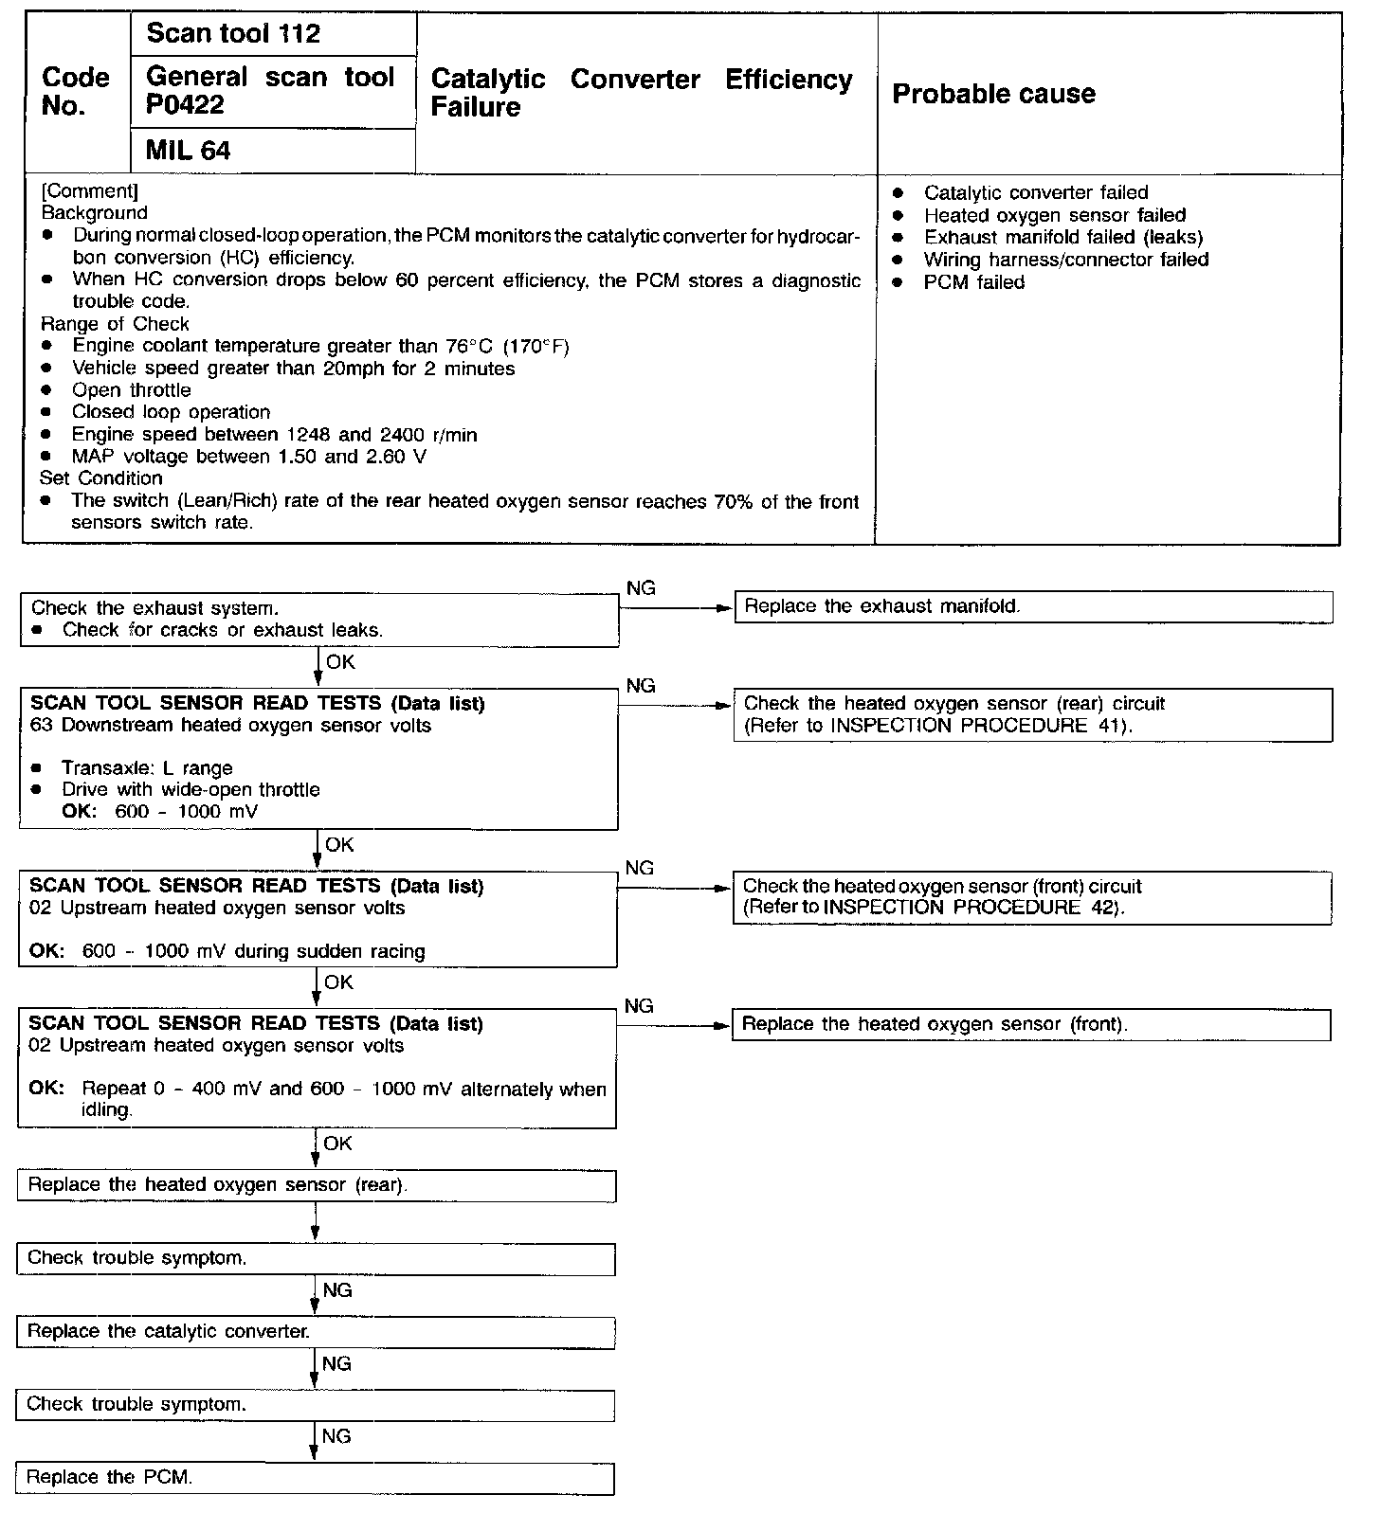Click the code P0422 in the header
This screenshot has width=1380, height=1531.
[186, 105]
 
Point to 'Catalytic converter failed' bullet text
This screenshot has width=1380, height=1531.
[1036, 192]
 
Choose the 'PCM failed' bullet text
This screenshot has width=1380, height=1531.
[974, 282]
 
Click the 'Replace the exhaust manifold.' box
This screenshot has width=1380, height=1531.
[1033, 606]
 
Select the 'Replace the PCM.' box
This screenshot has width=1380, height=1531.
[315, 1478]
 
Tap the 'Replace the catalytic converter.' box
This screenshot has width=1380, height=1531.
[315, 1332]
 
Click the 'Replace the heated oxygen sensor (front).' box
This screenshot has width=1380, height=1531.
[1031, 1025]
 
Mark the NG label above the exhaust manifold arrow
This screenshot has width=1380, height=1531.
[641, 588]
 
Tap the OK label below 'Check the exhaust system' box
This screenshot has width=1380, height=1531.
[340, 662]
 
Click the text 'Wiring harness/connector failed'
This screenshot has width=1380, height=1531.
[1066, 260]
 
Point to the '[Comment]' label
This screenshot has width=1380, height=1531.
[90, 191]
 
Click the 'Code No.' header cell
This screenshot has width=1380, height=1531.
[76, 92]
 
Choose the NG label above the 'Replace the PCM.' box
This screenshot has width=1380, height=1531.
[336, 1437]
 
